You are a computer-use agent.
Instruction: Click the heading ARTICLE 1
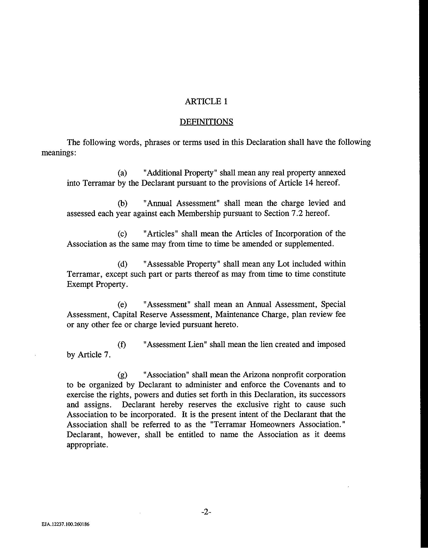point(206,101)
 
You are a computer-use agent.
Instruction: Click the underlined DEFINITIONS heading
point(206,122)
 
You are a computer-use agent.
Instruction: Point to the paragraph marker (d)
point(122,264)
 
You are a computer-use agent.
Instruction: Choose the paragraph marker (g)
point(122,375)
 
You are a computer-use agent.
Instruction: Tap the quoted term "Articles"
point(161,234)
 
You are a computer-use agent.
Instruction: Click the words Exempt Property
point(97,284)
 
